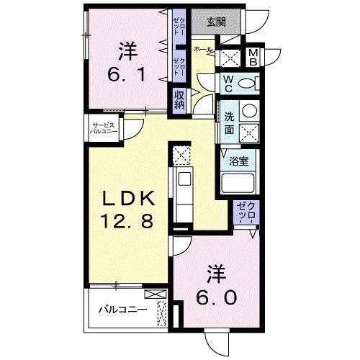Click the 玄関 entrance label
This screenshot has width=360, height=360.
[216, 21]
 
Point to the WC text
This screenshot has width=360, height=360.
[227, 85]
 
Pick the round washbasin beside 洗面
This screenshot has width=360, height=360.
[248, 111]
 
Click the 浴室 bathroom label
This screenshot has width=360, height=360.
[239, 162]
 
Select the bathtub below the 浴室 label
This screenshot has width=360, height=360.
[238, 184]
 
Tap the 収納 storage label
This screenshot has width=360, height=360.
[179, 99]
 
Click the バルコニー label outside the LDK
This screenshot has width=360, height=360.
[122, 310]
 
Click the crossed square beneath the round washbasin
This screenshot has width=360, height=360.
[248, 132]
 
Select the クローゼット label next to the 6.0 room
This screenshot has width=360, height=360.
[245, 212]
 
